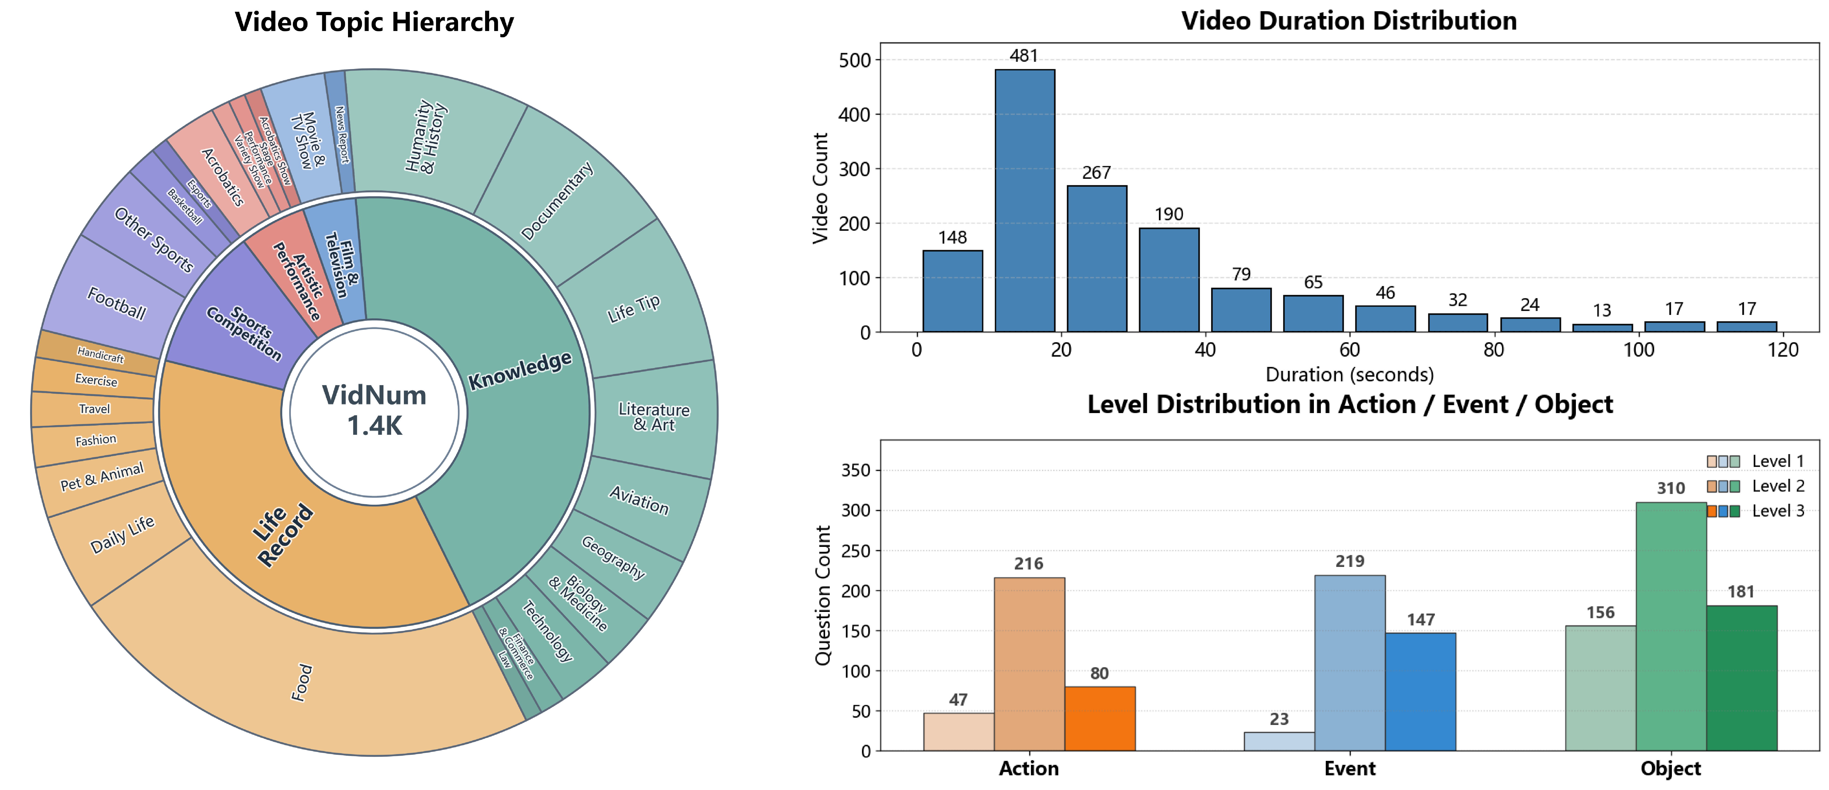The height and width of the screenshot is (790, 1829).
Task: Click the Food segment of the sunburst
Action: (302, 683)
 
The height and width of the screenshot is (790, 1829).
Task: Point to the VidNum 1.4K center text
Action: (374, 410)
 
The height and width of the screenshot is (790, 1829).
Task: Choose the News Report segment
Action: (342, 135)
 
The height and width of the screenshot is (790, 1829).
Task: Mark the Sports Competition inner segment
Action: (244, 333)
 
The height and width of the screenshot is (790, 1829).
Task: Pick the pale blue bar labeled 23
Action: (1279, 741)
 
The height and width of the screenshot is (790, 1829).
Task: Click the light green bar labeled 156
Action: (1600, 687)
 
